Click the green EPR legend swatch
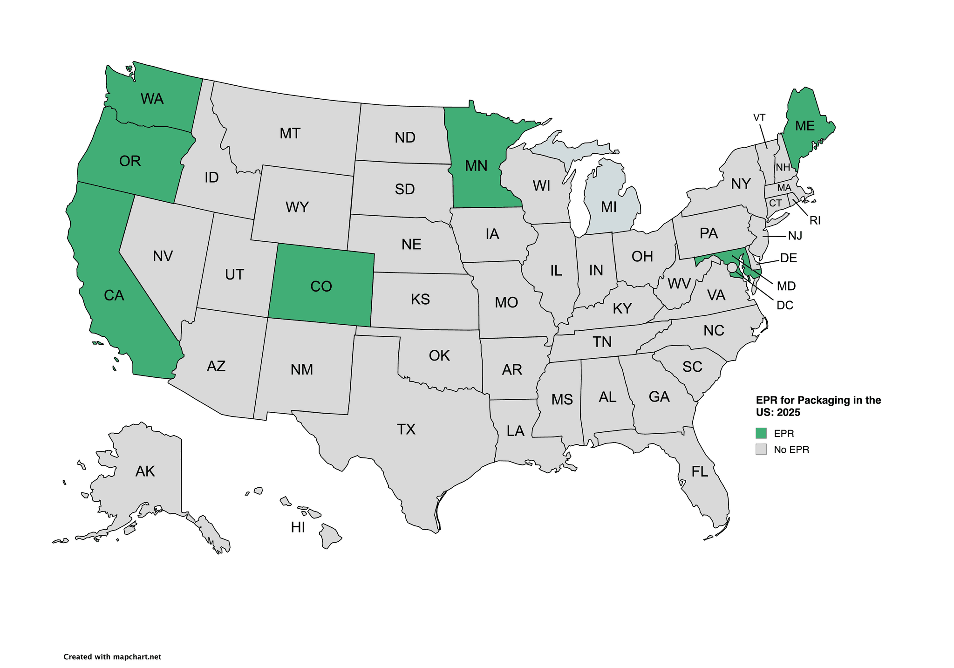[x=761, y=433]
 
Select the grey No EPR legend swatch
[x=761, y=450]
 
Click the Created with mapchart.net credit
[x=112, y=657]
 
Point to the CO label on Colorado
[x=321, y=286]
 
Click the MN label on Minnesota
[x=476, y=166]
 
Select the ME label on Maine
[x=805, y=126]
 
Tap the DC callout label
[x=785, y=306]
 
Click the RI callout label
[x=815, y=221]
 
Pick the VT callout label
[x=759, y=117]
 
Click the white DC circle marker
[x=732, y=267]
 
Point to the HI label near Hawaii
[x=298, y=527]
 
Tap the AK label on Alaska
[x=145, y=471]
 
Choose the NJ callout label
[x=795, y=236]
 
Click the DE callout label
[x=789, y=258]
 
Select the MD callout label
[x=786, y=286]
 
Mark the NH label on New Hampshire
[x=783, y=168]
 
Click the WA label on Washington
[x=152, y=99]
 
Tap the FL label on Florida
[x=700, y=472]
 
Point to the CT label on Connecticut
[x=775, y=203]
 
